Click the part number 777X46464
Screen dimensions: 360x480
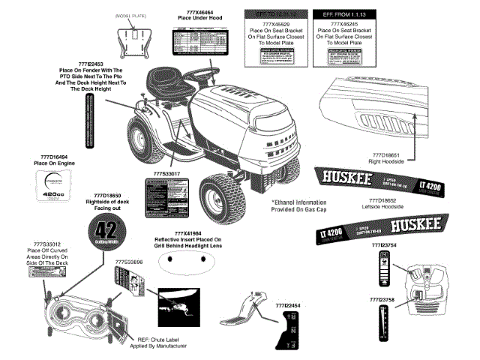(195, 13)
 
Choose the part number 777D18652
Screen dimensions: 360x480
(385, 201)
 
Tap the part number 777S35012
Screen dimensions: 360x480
(47, 244)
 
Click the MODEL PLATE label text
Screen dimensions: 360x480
(133, 15)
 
